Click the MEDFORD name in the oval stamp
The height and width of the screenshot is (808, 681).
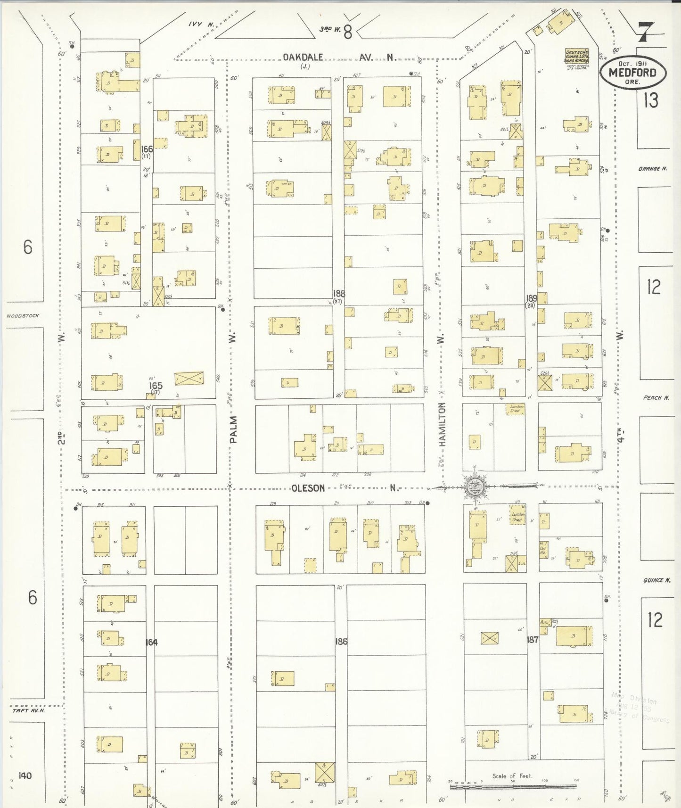[632, 73]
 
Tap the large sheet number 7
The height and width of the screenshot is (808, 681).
[645, 33]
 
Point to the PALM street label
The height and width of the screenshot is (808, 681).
[233, 429]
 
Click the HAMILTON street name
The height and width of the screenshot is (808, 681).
[442, 424]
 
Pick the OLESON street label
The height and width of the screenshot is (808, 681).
[308, 488]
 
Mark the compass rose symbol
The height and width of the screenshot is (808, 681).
[474, 487]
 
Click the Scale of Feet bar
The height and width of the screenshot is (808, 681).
[513, 786]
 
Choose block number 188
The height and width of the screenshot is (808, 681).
[339, 294]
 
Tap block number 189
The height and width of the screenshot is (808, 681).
[532, 298]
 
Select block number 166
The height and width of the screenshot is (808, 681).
[147, 149]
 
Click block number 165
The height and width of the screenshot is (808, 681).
[156, 386]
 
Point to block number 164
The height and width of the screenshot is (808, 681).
[151, 642]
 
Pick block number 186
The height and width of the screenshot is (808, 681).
[341, 642]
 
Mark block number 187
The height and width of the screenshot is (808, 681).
[532, 640]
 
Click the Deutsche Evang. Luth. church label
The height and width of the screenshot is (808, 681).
[577, 56]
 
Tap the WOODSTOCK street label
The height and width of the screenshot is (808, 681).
[23, 316]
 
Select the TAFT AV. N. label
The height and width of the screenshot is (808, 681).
[28, 710]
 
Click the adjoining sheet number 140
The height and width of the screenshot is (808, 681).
[25, 775]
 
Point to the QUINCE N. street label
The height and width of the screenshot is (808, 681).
[656, 580]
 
